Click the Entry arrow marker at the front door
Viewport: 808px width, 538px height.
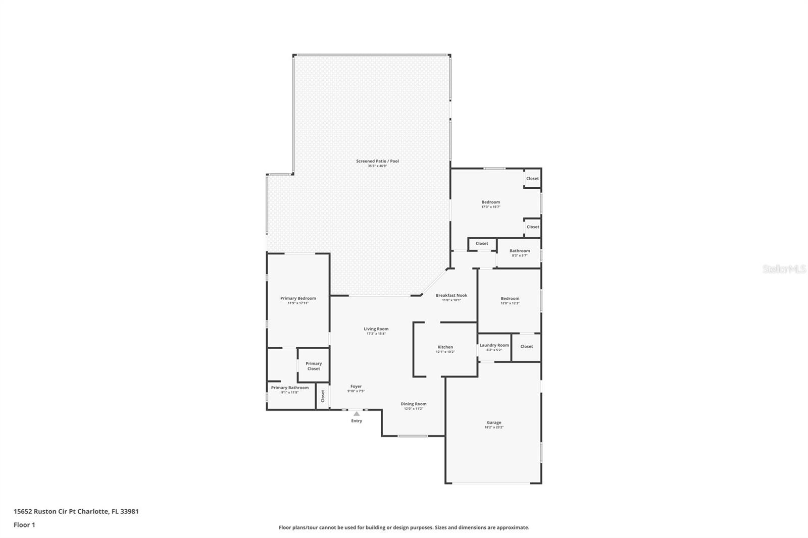357,413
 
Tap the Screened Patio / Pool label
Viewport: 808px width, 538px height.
377,161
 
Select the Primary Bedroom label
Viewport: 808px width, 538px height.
298,298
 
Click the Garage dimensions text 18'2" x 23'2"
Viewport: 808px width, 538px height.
494,427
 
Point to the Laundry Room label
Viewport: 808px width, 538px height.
494,345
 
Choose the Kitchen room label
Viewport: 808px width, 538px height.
445,347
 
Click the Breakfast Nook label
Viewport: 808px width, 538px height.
451,295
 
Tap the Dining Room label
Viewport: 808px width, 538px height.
413,404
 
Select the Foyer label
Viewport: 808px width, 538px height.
356,386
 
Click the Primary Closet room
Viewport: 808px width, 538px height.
314,366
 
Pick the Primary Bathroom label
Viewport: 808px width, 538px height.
289,388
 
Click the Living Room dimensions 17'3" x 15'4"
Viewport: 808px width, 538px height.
376,334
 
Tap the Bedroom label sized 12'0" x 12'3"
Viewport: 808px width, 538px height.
510,298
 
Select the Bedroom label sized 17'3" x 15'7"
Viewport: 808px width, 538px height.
490,202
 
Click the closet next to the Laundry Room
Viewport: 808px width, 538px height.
526,347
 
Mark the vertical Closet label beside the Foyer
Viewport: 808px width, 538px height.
323,396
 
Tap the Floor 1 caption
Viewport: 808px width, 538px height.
24,525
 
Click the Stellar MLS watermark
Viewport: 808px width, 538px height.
784,270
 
